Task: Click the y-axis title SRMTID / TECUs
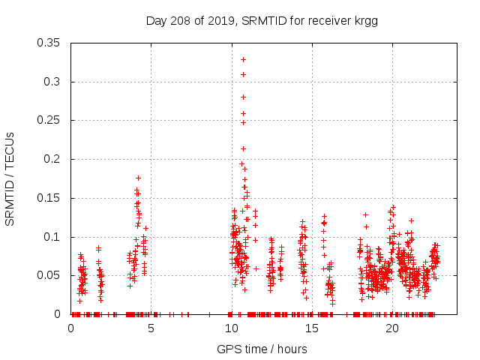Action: [x=10, y=178]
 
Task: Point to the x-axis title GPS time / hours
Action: [x=262, y=349]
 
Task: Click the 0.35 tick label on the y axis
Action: [x=51, y=43]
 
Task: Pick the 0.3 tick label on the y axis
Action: [x=54, y=82]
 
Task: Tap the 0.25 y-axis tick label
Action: [x=51, y=120]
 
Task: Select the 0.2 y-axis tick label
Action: [x=54, y=159]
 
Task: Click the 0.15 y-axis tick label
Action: [x=51, y=198]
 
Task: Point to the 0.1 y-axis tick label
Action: [x=54, y=237]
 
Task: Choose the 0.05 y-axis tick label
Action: [x=51, y=275]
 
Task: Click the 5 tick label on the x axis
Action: [x=151, y=328]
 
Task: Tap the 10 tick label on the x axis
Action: [x=232, y=328]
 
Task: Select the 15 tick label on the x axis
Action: [x=312, y=328]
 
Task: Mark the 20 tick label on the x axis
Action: [x=392, y=328]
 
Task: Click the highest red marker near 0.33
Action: [x=243, y=59]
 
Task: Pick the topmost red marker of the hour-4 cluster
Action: [x=138, y=178]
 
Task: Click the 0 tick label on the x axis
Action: [x=71, y=328]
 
